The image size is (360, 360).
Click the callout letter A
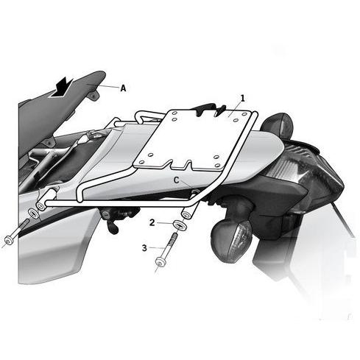[x=123, y=88]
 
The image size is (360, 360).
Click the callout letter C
[x=177, y=180]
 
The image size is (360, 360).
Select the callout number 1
[x=243, y=99]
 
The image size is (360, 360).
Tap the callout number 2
[x=152, y=223]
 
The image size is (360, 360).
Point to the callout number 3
[x=144, y=248]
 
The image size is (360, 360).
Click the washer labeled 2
[x=180, y=225]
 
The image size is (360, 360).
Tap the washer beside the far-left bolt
[x=33, y=213]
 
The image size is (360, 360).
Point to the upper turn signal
[x=278, y=127]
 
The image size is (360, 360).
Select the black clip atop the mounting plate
[x=211, y=108]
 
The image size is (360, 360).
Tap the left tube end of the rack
[x=41, y=205]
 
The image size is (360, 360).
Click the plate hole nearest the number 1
[x=236, y=120]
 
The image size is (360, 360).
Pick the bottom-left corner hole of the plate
[x=141, y=162]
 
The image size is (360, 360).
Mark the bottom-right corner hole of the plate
[x=218, y=166]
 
